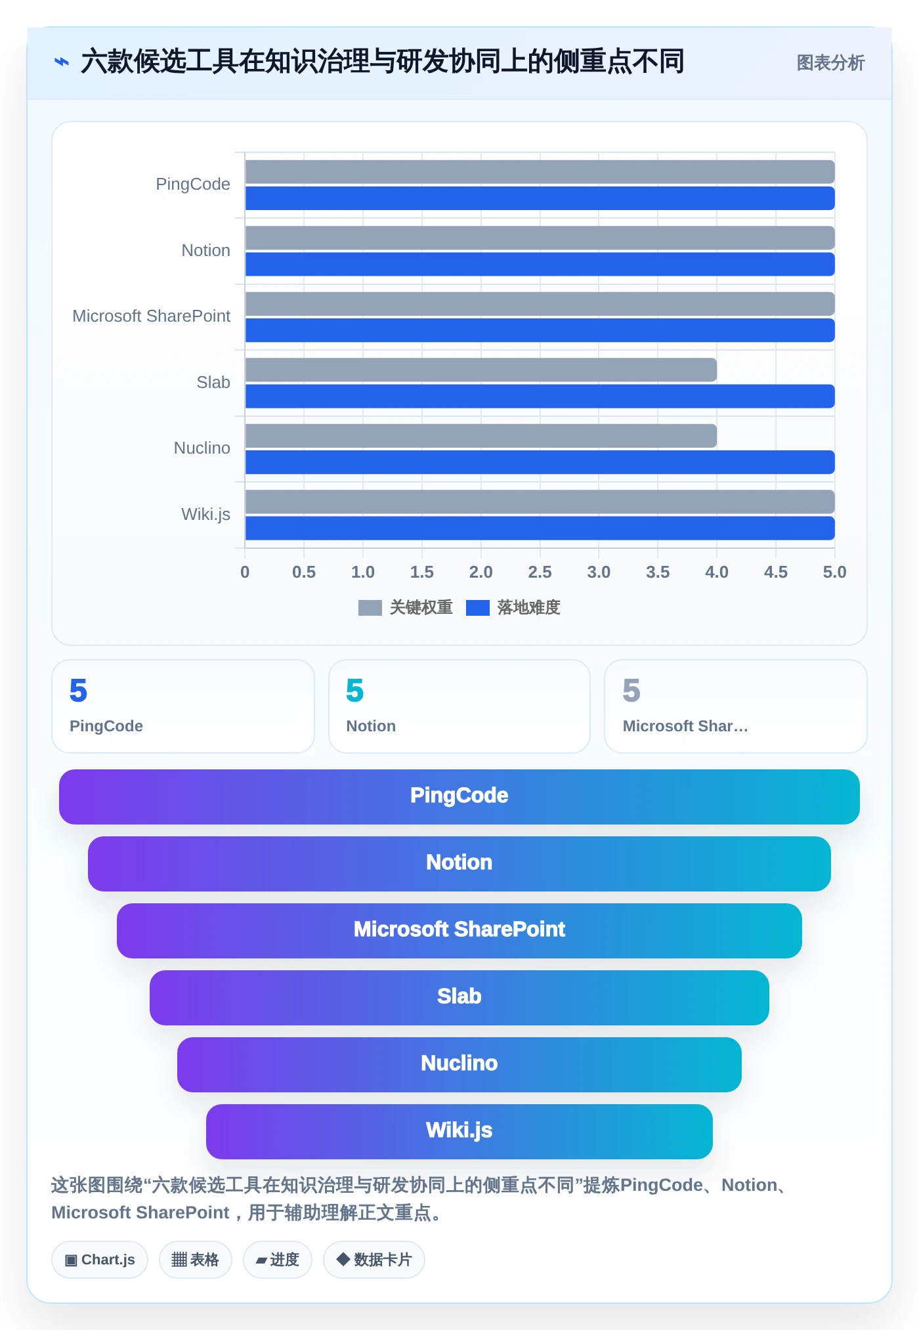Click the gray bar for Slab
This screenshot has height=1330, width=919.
tap(481, 370)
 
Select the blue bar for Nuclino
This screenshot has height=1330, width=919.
tap(540, 462)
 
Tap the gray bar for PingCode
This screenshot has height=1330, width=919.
tap(540, 172)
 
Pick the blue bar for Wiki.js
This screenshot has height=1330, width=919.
tap(540, 528)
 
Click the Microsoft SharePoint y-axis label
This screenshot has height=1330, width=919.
tap(152, 316)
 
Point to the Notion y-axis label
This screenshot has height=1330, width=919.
tap(206, 250)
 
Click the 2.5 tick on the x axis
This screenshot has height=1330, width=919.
tap(540, 572)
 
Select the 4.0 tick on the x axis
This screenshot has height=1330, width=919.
tap(717, 572)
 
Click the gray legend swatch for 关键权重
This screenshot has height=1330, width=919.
tap(370, 608)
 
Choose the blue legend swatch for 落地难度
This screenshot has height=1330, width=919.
tap(478, 608)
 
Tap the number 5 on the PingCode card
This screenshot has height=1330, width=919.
tap(78, 691)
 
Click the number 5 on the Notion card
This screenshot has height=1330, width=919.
tap(355, 691)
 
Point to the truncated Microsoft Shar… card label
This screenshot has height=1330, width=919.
tap(685, 726)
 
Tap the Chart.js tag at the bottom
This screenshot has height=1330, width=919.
tap(100, 1260)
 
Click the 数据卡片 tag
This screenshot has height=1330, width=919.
tap(374, 1260)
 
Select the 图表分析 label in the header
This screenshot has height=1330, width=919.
tap(830, 63)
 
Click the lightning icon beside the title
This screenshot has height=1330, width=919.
tap(62, 62)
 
